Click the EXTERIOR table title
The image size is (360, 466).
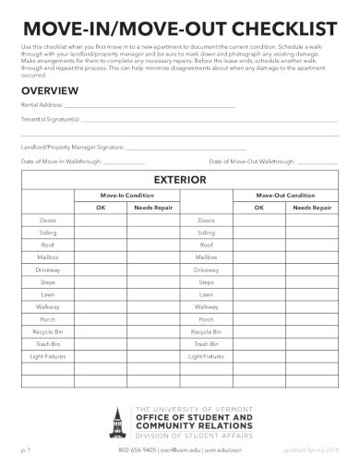pyautogui.click(x=179, y=179)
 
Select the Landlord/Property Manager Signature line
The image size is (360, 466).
pyautogui.click(x=185, y=147)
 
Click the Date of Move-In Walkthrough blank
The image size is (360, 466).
pyautogui.click(x=124, y=161)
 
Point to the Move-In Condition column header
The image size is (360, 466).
pyautogui.click(x=126, y=196)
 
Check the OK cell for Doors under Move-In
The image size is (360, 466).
pyautogui.click(x=101, y=221)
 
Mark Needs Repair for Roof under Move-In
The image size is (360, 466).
pyautogui.click(x=153, y=245)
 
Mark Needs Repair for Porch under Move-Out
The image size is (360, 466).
pyautogui.click(x=312, y=319)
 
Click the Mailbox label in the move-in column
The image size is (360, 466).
pyautogui.click(x=48, y=257)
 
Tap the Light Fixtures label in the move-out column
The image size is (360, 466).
pyautogui.click(x=207, y=356)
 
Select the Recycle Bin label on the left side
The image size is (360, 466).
pyautogui.click(x=48, y=331)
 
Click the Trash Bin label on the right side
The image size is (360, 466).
pyautogui.click(x=207, y=343)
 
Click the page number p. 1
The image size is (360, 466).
pyautogui.click(x=27, y=449)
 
